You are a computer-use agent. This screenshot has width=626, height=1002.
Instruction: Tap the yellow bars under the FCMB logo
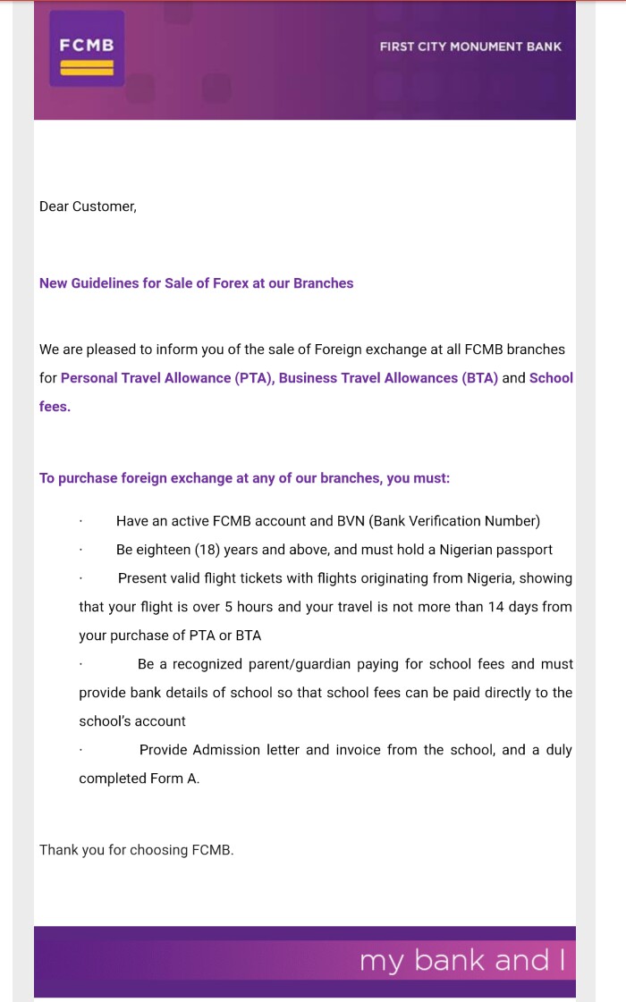[x=87, y=67]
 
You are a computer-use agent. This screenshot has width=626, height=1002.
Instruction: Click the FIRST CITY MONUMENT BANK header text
[x=470, y=46]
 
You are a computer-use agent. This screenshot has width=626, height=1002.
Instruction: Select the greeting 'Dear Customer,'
[x=88, y=206]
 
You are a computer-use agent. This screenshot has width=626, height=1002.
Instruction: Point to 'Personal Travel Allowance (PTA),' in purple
[x=168, y=378]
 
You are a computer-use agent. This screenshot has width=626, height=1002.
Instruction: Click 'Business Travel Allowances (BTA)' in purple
[x=388, y=378]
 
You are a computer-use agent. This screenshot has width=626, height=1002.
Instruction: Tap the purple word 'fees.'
[x=55, y=407]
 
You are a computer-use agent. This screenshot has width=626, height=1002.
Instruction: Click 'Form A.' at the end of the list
[x=175, y=779]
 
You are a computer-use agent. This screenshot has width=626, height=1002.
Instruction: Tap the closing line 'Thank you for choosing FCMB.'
[x=136, y=850]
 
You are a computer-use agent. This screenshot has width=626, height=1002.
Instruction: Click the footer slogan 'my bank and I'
[x=461, y=962]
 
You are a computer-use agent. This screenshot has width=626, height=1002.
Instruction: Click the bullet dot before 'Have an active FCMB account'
[x=80, y=522]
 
